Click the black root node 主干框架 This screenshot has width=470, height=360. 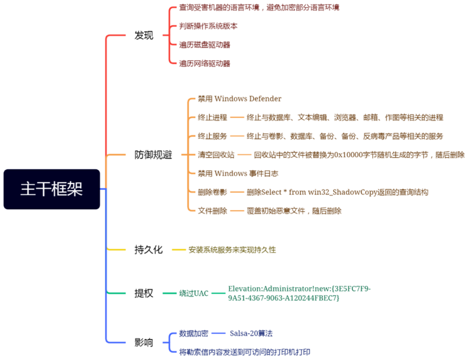(52, 189)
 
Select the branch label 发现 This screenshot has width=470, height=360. (144, 36)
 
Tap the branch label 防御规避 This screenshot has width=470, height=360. (153, 155)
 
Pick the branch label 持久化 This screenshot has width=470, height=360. (148, 250)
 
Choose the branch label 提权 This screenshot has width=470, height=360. (144, 293)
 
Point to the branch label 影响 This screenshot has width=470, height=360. (144, 343)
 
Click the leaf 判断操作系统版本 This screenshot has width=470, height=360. (208, 26)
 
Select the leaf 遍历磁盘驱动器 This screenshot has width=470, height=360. (205, 45)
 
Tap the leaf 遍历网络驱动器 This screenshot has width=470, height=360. (205, 64)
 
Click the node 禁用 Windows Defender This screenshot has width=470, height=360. (240, 99)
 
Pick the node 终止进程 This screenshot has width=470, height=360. (212, 117)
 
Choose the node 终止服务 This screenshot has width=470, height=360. (212, 136)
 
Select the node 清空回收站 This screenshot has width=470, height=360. (216, 155)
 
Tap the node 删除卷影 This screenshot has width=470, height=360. (212, 192)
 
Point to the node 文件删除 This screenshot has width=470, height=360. (212, 211)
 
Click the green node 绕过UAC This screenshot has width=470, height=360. (194, 293)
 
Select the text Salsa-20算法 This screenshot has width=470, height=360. (252, 333)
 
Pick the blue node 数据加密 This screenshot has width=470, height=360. (193, 333)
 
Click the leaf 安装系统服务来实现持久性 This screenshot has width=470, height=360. (232, 250)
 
